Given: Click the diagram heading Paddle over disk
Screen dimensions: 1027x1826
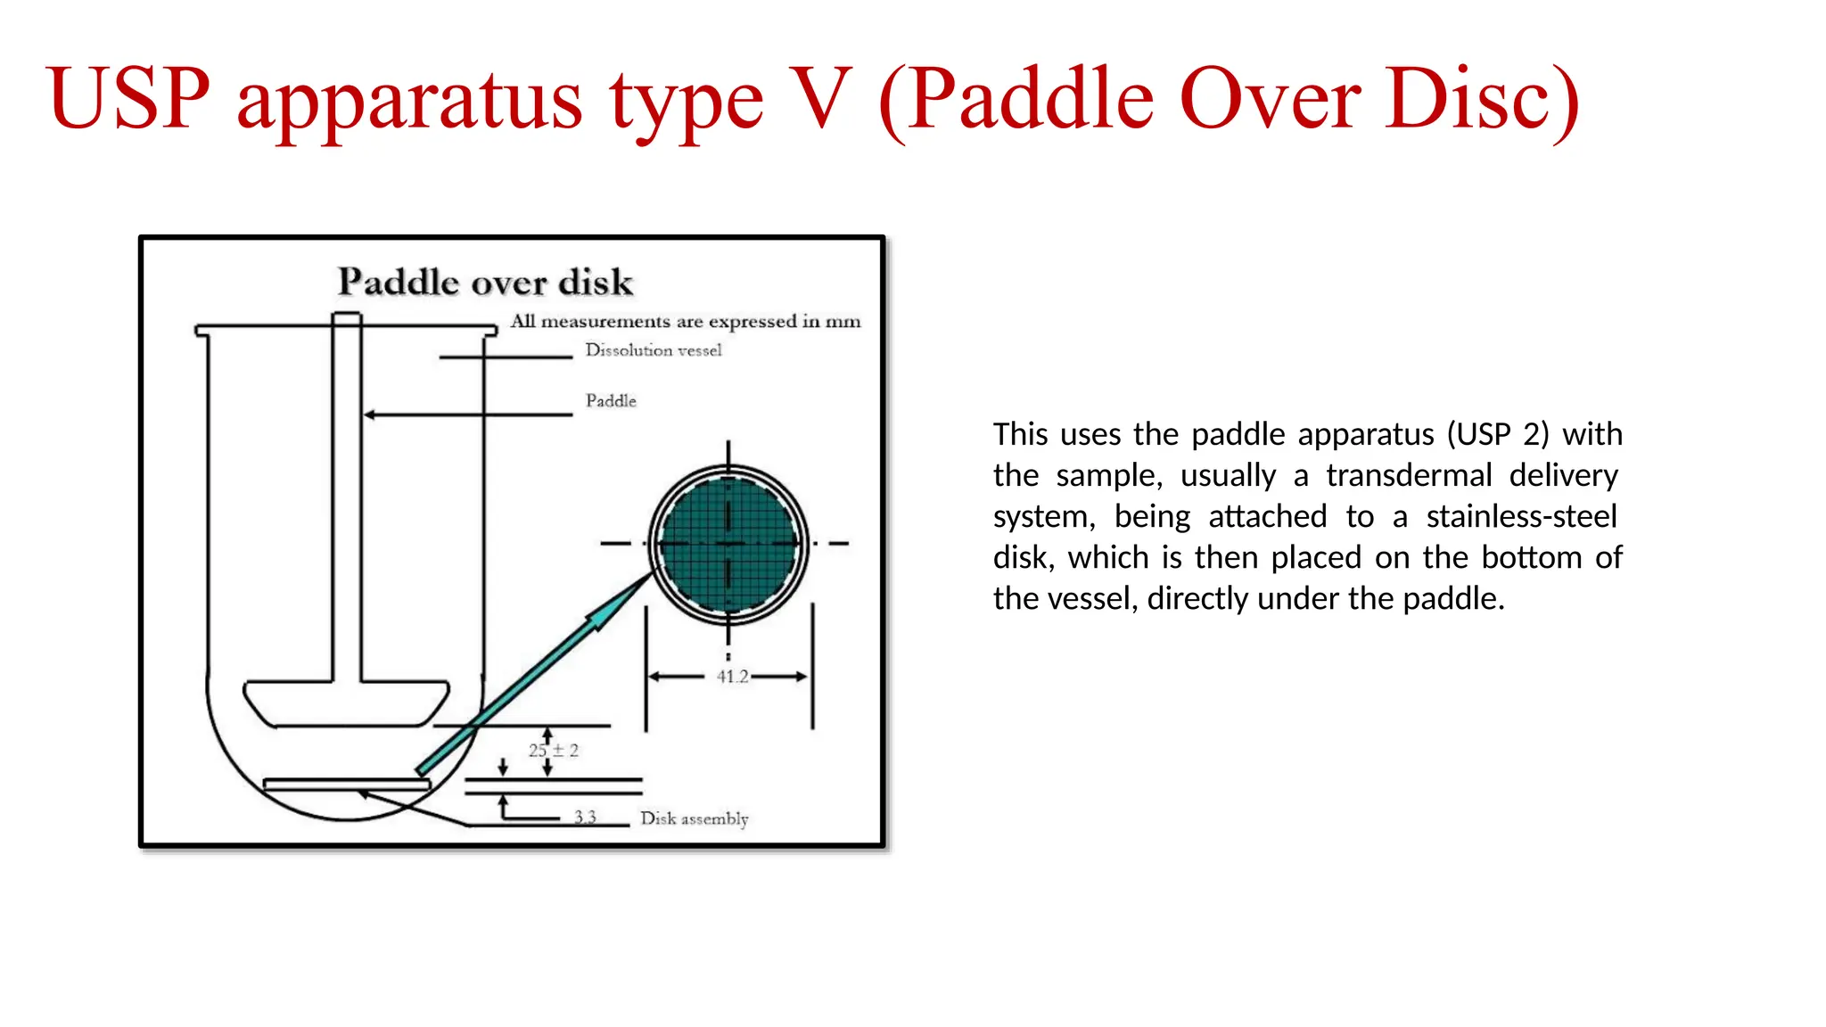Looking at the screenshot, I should pyautogui.click(x=485, y=283).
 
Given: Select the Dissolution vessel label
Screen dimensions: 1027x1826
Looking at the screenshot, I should pyautogui.click(x=653, y=350).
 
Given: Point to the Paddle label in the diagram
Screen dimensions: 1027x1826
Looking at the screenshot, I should pyautogui.click(x=611, y=401).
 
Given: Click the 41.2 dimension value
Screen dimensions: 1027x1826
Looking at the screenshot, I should pyautogui.click(x=732, y=677).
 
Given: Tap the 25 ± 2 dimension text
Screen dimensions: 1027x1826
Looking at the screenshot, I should pyautogui.click(x=554, y=751).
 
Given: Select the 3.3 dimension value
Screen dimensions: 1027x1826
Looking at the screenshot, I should pyautogui.click(x=585, y=817).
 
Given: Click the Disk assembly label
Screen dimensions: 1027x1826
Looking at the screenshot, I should pyautogui.click(x=694, y=818).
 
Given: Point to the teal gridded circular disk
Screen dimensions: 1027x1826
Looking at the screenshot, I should pyautogui.click(x=728, y=542).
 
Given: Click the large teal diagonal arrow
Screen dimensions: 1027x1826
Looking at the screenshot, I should pyautogui.click(x=535, y=673).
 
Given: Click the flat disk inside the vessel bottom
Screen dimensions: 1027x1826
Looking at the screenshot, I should pyautogui.click(x=347, y=785).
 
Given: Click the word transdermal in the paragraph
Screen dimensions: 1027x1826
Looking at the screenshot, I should pyautogui.click(x=1408, y=475).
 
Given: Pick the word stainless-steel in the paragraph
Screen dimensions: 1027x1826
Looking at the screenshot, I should pyautogui.click(x=1521, y=516).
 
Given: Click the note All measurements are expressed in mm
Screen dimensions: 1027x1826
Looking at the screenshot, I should pyautogui.click(x=685, y=321).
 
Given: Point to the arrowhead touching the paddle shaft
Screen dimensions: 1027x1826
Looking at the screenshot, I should pyautogui.click(x=369, y=415).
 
